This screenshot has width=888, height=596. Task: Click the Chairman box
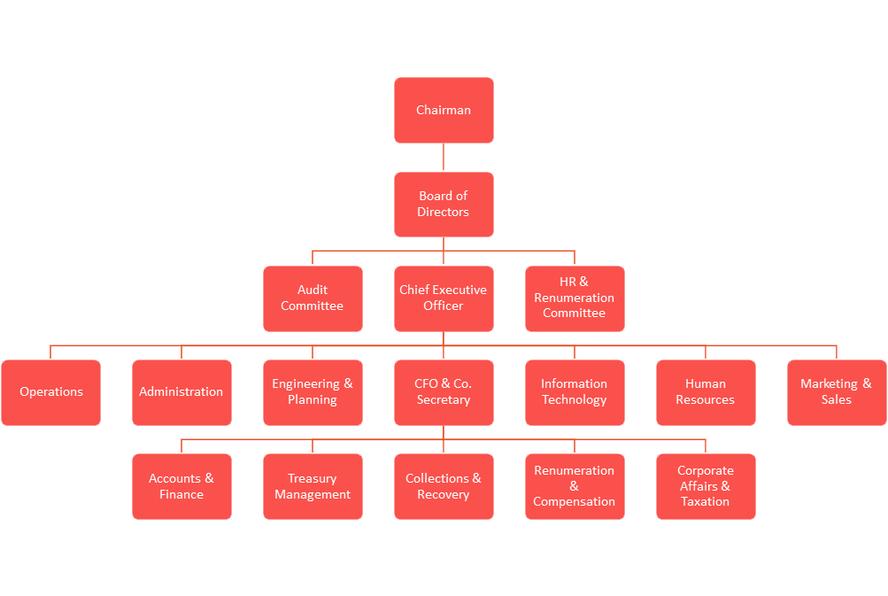click(x=444, y=110)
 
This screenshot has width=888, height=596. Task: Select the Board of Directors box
click(x=444, y=204)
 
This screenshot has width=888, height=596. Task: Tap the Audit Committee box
click(x=313, y=298)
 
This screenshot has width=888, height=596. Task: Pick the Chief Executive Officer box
click(x=444, y=298)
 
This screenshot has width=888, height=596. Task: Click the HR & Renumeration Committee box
click(x=575, y=298)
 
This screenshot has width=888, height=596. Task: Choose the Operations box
click(x=51, y=392)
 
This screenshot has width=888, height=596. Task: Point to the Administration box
click(x=181, y=392)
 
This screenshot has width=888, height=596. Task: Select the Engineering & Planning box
click(x=313, y=392)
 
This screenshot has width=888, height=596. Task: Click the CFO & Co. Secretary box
click(x=444, y=392)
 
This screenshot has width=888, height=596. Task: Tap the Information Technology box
click(x=575, y=392)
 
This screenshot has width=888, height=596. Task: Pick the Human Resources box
click(x=706, y=392)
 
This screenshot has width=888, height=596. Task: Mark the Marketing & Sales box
click(x=837, y=392)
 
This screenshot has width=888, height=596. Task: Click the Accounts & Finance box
click(x=181, y=487)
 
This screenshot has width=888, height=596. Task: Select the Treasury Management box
click(x=313, y=487)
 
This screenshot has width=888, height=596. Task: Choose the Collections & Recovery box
click(x=444, y=487)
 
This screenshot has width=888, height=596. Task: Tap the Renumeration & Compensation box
click(x=575, y=487)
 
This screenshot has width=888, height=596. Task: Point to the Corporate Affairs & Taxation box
click(x=706, y=487)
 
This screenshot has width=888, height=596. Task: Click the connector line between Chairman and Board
click(x=444, y=157)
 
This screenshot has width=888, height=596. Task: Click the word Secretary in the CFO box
click(x=444, y=400)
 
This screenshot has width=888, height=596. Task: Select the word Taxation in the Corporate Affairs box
click(x=705, y=501)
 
